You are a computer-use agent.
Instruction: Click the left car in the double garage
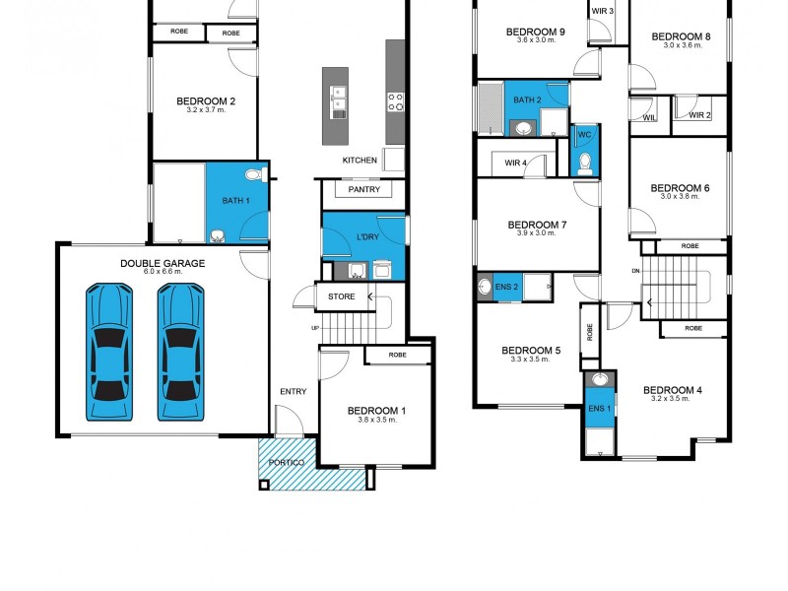tap(109, 353)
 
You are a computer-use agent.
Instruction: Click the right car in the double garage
tap(181, 353)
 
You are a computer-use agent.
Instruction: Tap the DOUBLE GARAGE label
tap(163, 263)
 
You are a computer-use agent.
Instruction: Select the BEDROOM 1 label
tap(376, 411)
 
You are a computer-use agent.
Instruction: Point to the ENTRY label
tap(293, 392)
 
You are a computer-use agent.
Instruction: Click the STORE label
tap(341, 296)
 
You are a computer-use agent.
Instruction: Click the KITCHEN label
tap(360, 161)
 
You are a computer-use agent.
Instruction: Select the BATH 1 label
tap(235, 201)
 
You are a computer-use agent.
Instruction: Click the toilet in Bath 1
tap(253, 175)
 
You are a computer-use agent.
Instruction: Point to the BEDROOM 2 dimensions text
tap(206, 110)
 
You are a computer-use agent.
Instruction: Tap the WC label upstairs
tap(584, 134)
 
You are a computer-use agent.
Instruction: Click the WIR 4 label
tap(515, 163)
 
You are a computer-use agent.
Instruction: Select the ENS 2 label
tap(506, 287)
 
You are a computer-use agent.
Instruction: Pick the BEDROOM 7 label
tap(535, 225)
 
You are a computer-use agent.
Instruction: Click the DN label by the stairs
tap(637, 271)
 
